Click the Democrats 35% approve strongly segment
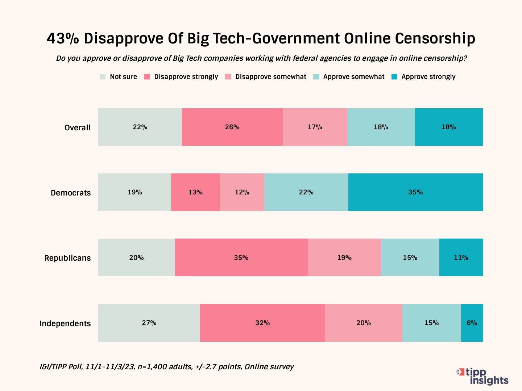[x=415, y=192]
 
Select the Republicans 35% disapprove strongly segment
[x=241, y=257]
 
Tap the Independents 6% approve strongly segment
[x=472, y=323]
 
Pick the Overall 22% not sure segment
[x=140, y=127]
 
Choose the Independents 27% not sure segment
[x=149, y=323]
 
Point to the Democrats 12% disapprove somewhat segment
[x=242, y=192]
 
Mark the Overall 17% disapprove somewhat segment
[x=315, y=127]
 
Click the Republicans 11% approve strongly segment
[x=461, y=257]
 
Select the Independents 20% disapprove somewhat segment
[x=363, y=323]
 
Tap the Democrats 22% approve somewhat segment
[x=306, y=192]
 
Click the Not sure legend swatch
[x=103, y=77]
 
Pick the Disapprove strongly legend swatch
[x=147, y=77]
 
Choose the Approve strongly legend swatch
[x=394, y=77]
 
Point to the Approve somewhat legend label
[x=353, y=77]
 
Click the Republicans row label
[x=67, y=258]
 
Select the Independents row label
[x=65, y=323]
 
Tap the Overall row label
[x=78, y=127]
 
